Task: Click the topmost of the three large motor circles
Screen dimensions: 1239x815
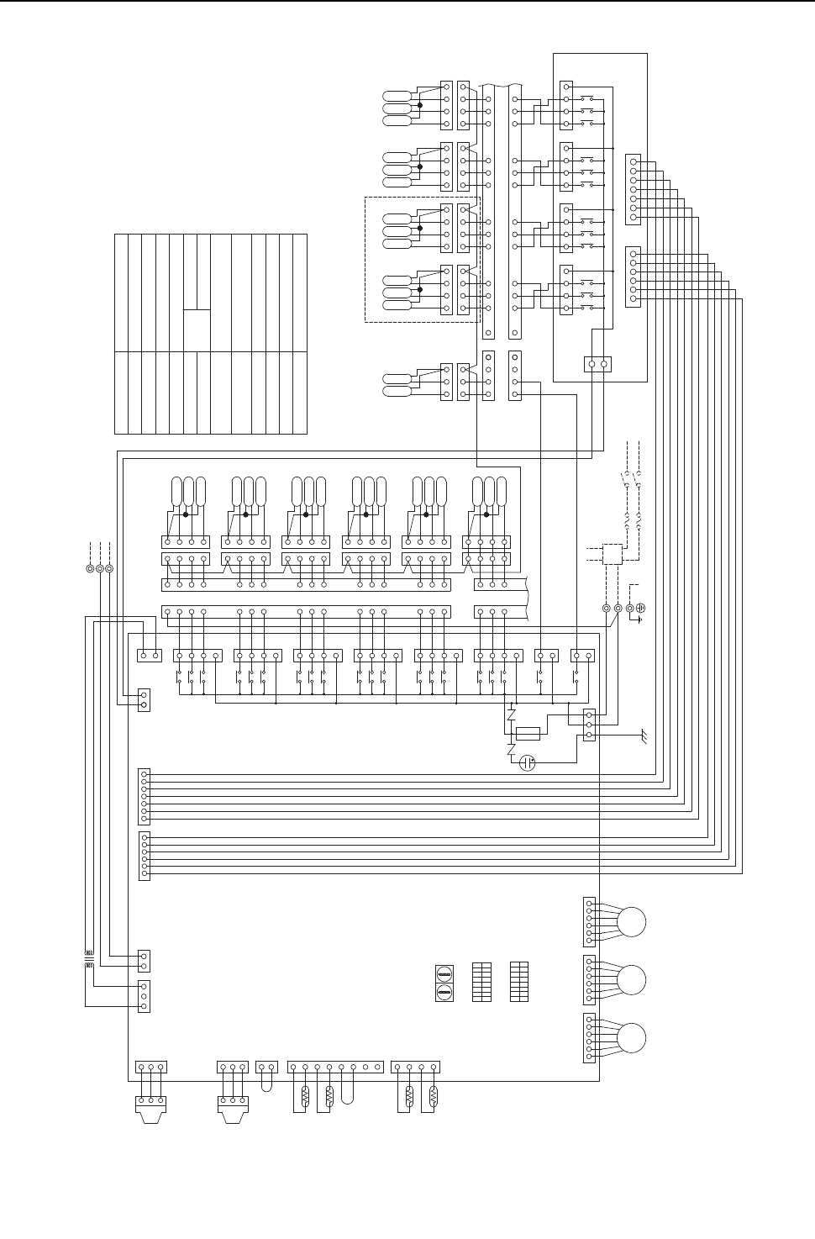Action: pyautogui.click(x=632, y=922)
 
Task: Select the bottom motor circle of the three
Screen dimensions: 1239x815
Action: pyautogui.click(x=632, y=1037)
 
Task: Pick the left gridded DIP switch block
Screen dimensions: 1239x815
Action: pyautogui.click(x=481, y=981)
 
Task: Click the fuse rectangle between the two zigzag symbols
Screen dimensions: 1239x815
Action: pyautogui.click(x=528, y=734)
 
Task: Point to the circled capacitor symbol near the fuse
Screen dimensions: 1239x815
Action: pyautogui.click(x=528, y=763)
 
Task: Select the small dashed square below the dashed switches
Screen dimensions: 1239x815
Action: pyautogui.click(x=613, y=555)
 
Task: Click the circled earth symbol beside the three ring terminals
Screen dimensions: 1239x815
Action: pyautogui.click(x=640, y=607)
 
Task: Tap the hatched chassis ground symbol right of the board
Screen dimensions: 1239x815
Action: pyautogui.click(x=644, y=737)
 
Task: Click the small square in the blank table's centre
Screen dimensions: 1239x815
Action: pyautogui.click(x=196, y=325)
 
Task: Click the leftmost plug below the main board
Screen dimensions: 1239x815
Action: pyautogui.click(x=150, y=1102)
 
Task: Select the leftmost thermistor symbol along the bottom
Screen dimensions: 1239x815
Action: pyautogui.click(x=305, y=1096)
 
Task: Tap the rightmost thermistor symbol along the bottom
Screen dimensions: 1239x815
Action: pyautogui.click(x=434, y=1096)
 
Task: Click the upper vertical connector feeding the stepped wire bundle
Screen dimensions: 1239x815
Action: pyautogui.click(x=633, y=188)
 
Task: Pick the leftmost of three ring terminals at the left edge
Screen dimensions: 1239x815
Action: pyautogui.click(x=90, y=568)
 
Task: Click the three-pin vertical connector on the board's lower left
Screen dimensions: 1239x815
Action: pyautogui.click(x=144, y=995)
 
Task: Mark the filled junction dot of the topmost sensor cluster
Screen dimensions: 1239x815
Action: pyautogui.click(x=419, y=104)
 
